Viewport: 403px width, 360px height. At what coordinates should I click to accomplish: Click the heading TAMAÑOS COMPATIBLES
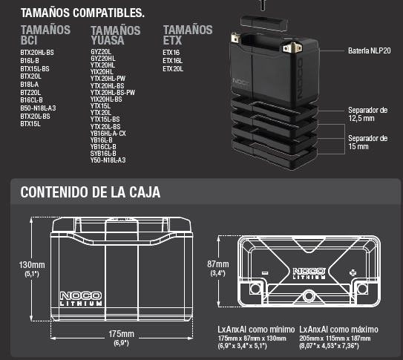(x=82, y=13)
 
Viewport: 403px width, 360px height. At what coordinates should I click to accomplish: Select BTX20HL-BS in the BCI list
(x=37, y=53)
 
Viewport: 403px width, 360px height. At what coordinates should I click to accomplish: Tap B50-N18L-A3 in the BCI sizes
(x=38, y=108)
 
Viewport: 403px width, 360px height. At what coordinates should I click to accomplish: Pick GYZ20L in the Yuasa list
(x=101, y=52)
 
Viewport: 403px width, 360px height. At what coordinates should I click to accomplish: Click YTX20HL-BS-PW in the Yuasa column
(x=113, y=93)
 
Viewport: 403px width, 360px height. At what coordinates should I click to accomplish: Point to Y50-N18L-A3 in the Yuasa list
(x=108, y=160)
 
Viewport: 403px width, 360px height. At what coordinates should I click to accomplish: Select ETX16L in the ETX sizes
(x=172, y=61)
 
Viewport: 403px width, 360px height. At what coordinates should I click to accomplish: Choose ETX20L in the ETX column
(x=173, y=69)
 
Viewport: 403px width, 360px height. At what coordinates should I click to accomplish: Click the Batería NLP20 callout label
(x=370, y=50)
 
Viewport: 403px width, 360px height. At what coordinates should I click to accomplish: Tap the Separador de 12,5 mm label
(x=368, y=114)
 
